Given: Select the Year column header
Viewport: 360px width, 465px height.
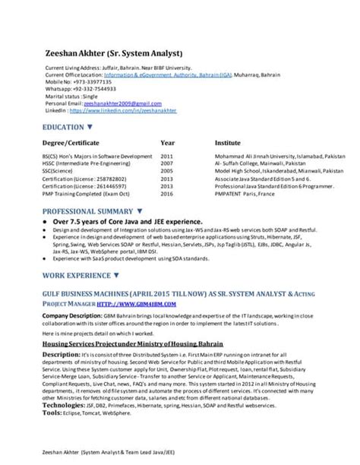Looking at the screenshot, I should [168, 142].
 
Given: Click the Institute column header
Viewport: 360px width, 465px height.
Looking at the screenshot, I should [228, 142].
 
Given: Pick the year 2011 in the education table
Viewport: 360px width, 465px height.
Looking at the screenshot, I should [167, 156].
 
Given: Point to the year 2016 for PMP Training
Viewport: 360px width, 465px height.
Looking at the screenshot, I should [167, 194].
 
